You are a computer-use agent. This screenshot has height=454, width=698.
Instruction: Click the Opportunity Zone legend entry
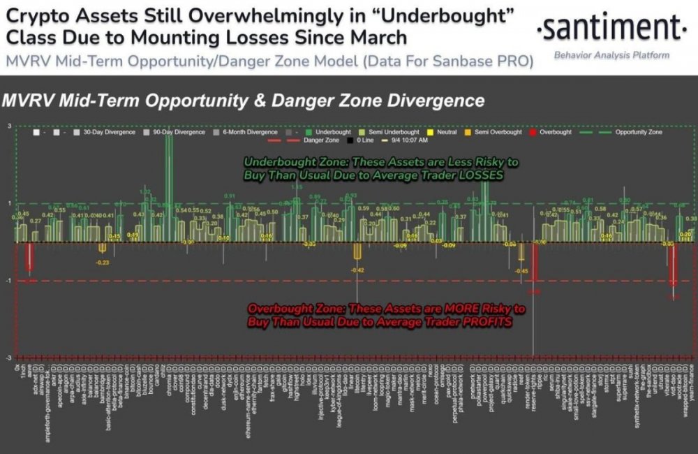[x=638, y=131]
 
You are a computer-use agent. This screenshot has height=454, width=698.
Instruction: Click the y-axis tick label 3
[x=9, y=126]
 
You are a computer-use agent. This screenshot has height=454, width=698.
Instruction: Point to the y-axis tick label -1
[x=9, y=281]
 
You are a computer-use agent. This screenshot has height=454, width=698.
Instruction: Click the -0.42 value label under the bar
[x=357, y=270]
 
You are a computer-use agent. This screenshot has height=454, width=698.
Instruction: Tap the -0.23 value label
[x=103, y=263]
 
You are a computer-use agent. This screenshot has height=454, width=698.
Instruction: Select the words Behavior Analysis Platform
[x=611, y=55]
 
